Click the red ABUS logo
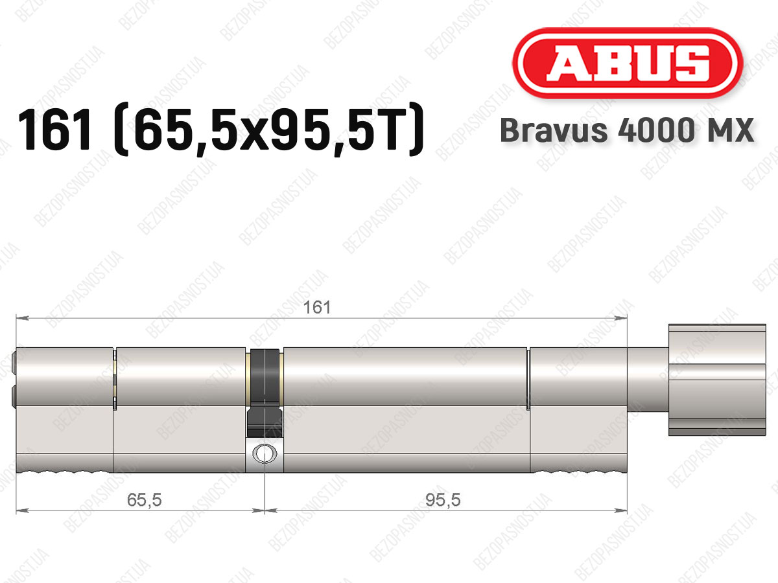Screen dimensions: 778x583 628,63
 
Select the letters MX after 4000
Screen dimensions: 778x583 734,130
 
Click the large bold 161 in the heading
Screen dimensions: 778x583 56,130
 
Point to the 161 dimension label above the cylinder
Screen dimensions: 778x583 317,307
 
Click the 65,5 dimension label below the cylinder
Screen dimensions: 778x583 145,500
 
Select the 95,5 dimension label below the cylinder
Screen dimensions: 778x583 443,500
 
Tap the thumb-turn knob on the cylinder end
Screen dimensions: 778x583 717,380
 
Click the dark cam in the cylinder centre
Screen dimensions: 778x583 265,393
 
